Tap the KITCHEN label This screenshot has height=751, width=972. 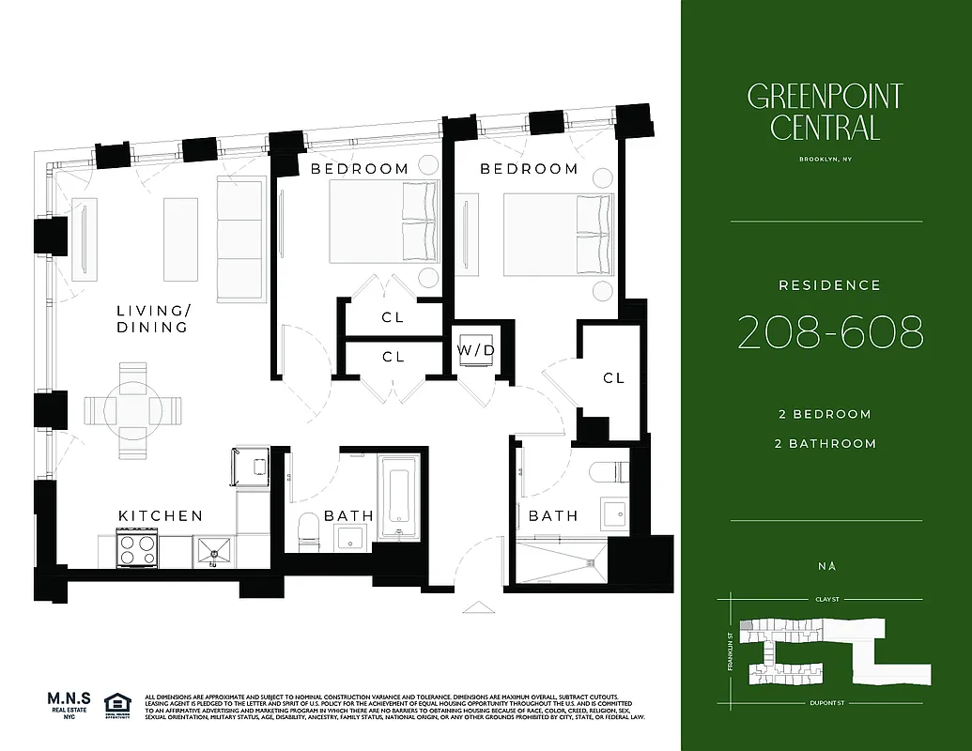click(161, 515)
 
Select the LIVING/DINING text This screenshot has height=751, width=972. click(152, 319)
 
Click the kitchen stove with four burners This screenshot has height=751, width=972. click(136, 547)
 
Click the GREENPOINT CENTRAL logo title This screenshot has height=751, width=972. click(825, 112)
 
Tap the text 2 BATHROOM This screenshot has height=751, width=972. click(825, 443)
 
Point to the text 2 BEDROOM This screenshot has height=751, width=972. click(825, 414)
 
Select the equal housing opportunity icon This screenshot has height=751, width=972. click(117, 704)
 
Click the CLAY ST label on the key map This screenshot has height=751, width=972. click(826, 598)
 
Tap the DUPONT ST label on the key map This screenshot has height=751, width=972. click(825, 703)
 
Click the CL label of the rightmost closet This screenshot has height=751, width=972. click(613, 377)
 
